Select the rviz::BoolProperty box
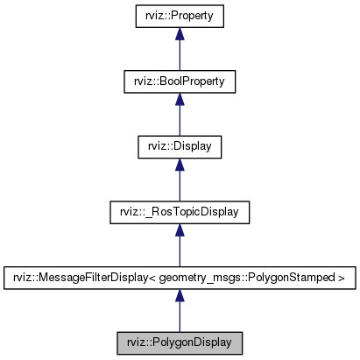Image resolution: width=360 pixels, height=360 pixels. pos(179,81)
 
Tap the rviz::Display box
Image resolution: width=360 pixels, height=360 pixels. pos(179,146)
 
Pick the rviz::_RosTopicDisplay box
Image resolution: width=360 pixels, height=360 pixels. pos(179,211)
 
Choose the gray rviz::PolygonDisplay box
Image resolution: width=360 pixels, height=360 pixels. pos(179,341)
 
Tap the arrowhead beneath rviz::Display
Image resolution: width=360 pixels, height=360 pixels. pos(179,165)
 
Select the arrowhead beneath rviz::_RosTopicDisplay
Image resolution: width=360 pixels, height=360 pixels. pos(179,229)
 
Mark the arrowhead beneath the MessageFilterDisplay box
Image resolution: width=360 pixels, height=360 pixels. pos(179,294)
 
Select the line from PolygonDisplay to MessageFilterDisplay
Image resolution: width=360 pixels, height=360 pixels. pos(179,316)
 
